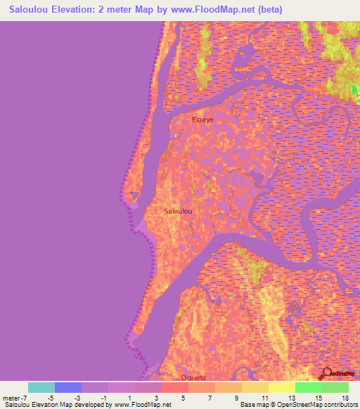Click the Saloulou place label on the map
tap(178, 211)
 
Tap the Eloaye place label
tap(203, 120)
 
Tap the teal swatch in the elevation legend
tap(41, 387)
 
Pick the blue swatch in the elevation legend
tap(68, 387)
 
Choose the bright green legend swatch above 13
tap(309, 387)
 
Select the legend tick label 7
tap(210, 397)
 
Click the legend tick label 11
tap(263, 397)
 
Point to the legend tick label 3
tap(156, 397)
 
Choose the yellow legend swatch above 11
tap(255, 387)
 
